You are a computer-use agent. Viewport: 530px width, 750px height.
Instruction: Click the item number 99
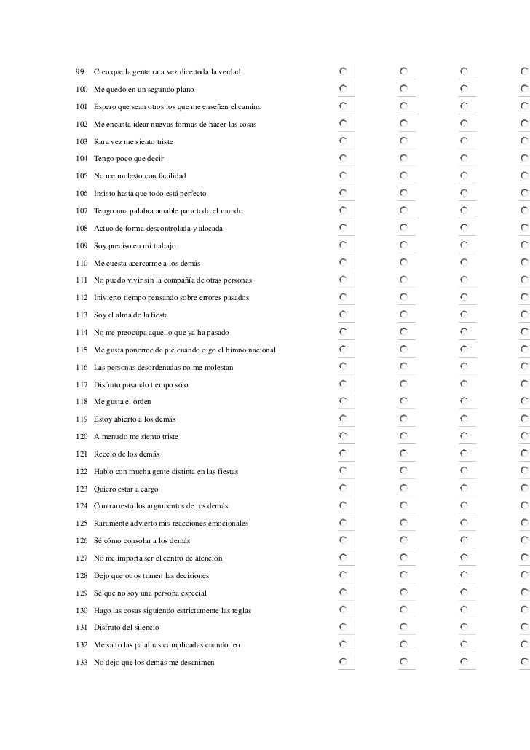79,71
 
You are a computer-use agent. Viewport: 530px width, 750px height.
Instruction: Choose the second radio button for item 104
404,157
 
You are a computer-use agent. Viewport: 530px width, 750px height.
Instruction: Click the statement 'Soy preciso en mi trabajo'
135,246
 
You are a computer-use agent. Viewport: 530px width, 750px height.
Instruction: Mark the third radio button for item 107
464,210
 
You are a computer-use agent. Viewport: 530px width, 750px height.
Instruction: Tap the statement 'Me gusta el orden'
122,402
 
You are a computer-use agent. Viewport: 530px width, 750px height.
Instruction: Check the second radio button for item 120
404,435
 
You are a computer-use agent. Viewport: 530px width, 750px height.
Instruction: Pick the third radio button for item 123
464,488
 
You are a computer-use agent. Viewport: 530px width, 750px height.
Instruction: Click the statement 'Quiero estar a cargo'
126,489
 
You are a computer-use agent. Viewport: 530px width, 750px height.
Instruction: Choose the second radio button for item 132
404,644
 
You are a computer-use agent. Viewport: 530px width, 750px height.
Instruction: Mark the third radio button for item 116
464,366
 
